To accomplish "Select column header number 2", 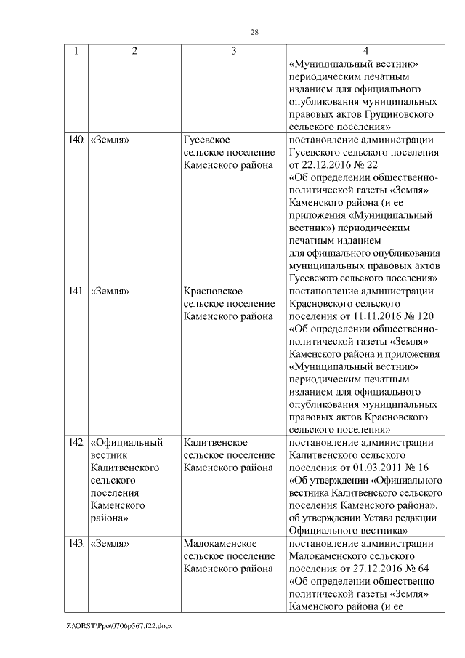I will point(134,51).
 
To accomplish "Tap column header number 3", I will point(233,51).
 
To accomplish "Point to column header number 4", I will point(365,51).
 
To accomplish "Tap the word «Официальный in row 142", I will point(127,442).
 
